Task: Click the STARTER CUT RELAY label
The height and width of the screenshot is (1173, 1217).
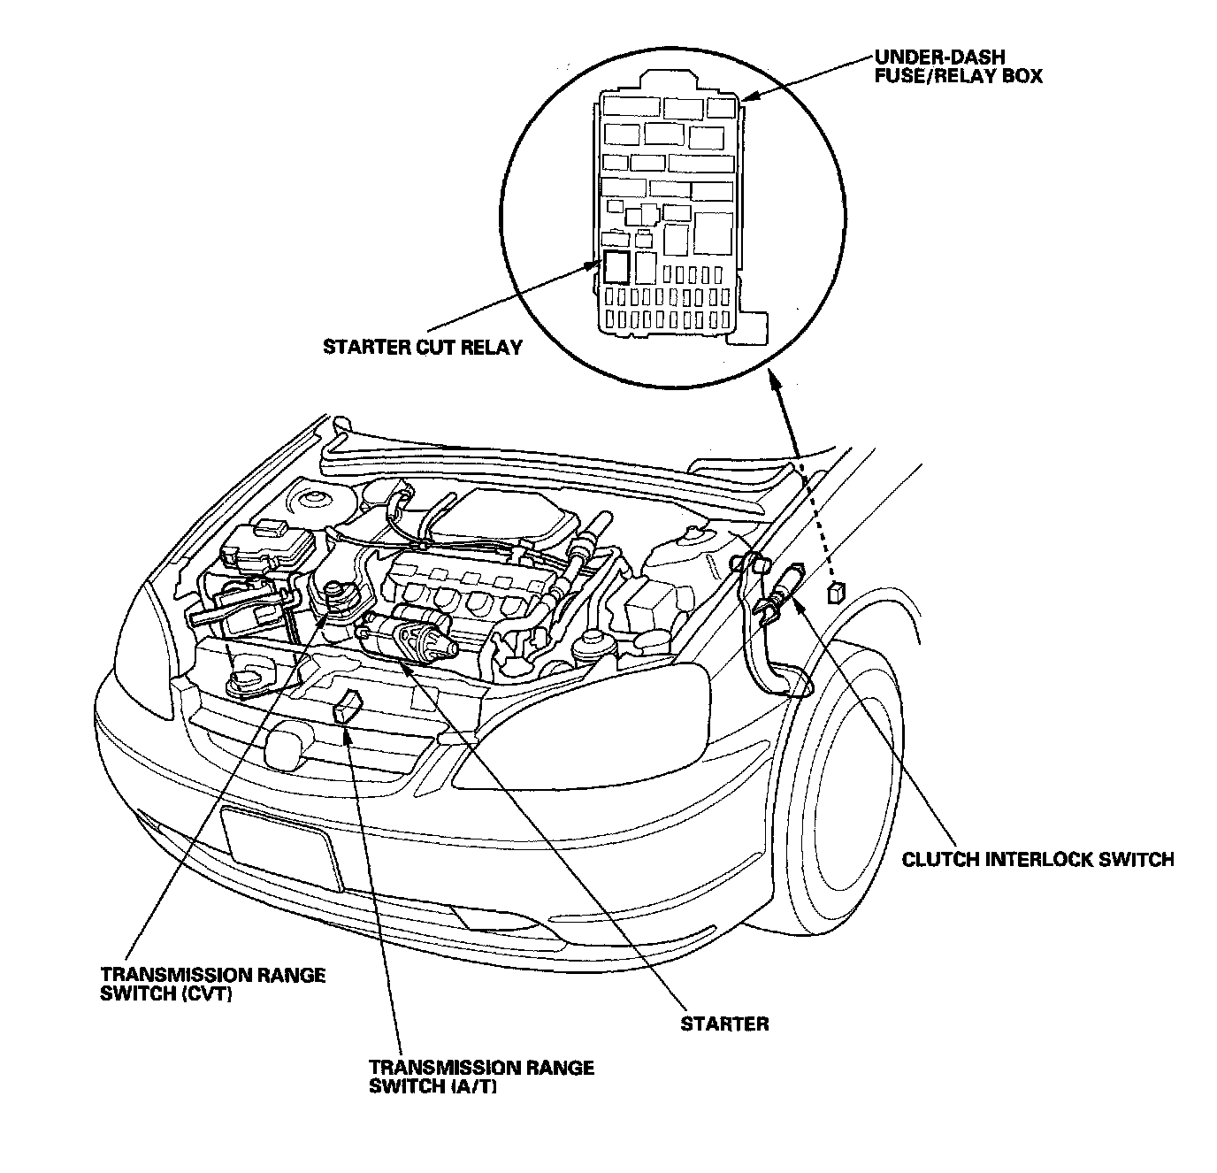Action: tap(423, 347)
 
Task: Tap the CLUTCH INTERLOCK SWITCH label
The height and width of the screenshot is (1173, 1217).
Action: tap(1037, 859)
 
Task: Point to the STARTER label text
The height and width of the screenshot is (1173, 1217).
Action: tap(724, 1024)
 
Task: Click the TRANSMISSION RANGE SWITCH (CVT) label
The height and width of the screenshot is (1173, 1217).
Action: tap(212, 984)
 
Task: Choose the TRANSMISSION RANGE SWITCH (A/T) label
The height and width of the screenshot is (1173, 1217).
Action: tap(481, 1076)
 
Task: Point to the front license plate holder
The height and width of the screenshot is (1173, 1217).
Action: tap(281, 847)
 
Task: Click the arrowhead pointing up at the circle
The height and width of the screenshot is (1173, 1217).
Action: tap(776, 382)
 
